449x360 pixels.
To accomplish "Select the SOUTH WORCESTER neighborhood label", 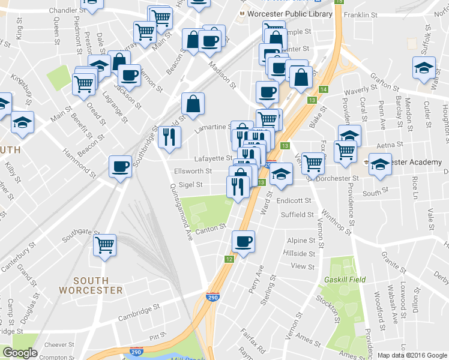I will tap(91, 285).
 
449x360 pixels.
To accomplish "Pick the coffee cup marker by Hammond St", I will tap(119, 166).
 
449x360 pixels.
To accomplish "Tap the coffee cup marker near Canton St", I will tap(243, 242).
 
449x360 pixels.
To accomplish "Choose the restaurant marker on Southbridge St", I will tap(169, 137).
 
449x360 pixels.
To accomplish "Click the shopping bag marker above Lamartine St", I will tap(193, 104).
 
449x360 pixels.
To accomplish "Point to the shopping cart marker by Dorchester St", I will tap(312, 162).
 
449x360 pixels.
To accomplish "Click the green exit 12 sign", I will tap(229, 259).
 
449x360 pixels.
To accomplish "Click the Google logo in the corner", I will tap(20, 353).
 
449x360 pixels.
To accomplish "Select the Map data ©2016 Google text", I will tap(412, 355).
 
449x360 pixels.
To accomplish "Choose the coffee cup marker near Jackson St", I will tap(128, 75).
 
